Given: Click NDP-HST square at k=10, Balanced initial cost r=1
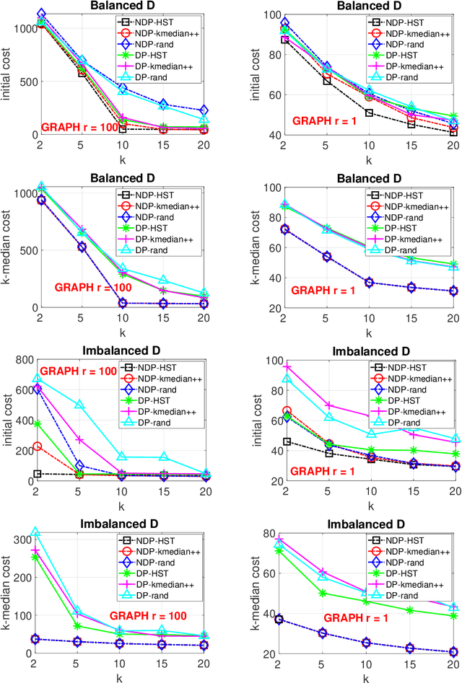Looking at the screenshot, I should click(x=370, y=113).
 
